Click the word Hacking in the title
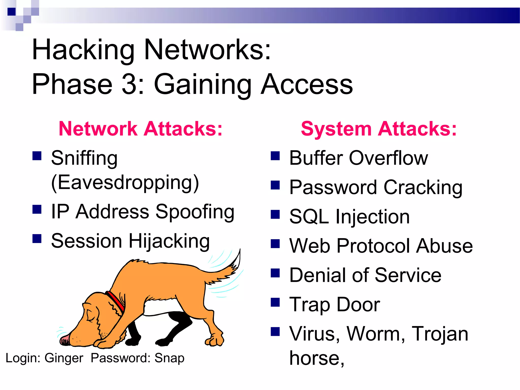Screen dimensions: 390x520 (x=83, y=50)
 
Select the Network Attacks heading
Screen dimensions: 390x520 (x=140, y=129)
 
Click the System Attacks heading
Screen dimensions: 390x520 (x=379, y=129)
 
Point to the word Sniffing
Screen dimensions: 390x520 (x=84, y=158)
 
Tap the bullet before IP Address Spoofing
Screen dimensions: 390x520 (x=37, y=209)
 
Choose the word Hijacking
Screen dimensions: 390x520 (x=169, y=241)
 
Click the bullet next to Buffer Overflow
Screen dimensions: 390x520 (x=275, y=156)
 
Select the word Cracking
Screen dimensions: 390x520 (x=423, y=188)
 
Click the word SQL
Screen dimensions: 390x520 (x=309, y=217)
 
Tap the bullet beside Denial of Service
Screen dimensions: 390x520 (x=275, y=273)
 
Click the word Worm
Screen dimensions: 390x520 (x=376, y=334)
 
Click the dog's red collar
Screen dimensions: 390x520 (x=116, y=302)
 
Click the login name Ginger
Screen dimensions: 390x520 (x=64, y=358)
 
